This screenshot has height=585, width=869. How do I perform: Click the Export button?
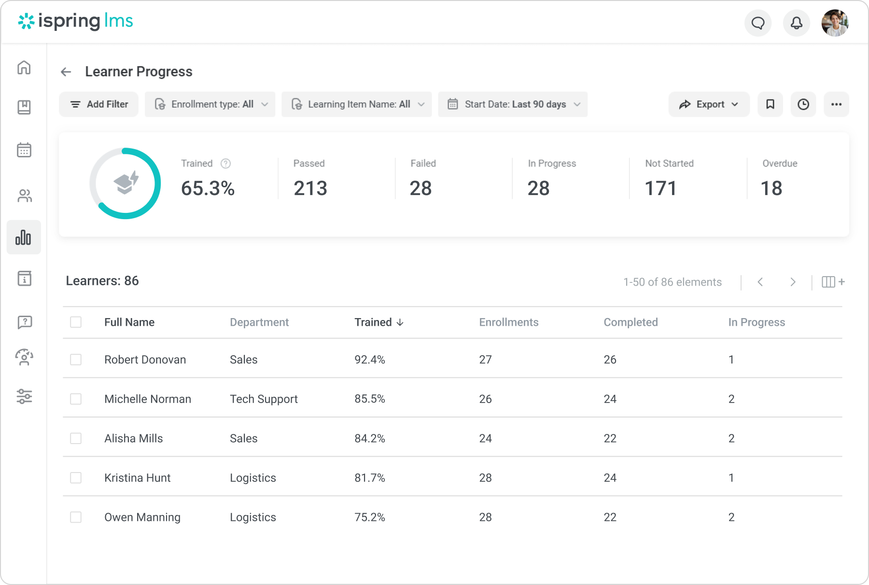(x=708, y=104)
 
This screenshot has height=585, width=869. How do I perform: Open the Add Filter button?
(x=99, y=104)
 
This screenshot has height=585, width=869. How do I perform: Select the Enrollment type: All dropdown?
(x=210, y=104)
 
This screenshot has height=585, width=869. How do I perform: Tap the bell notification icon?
(x=796, y=23)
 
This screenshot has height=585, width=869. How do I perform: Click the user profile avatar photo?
(x=835, y=23)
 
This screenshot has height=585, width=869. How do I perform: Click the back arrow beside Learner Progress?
(x=66, y=72)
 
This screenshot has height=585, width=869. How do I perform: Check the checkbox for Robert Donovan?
(x=76, y=360)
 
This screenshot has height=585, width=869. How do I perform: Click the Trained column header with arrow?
(x=378, y=322)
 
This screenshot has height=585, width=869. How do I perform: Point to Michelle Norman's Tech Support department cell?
(x=264, y=399)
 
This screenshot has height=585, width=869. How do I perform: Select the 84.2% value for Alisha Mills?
(x=369, y=438)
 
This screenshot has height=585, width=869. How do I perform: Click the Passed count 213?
(x=310, y=188)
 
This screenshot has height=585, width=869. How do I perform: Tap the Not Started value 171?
(x=660, y=188)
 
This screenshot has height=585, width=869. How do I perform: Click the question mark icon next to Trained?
(x=225, y=164)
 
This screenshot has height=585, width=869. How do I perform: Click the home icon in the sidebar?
(x=24, y=67)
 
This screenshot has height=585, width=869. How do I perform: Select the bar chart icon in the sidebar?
(x=24, y=237)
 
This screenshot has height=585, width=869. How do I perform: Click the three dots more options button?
(x=836, y=104)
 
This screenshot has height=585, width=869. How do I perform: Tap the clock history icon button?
(x=803, y=104)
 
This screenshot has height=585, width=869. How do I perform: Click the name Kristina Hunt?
(x=137, y=478)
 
